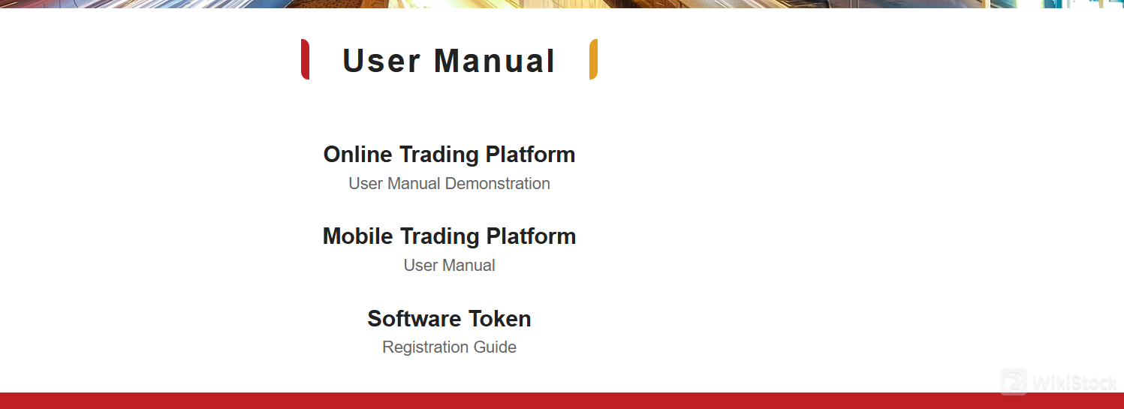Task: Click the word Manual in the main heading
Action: [494, 61]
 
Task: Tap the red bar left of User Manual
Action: [305, 59]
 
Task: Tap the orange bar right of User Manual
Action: [593, 59]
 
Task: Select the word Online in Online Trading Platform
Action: [357, 155]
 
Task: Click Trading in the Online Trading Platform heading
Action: [438, 155]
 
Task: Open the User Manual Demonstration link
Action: [449, 184]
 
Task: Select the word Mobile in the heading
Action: [357, 236]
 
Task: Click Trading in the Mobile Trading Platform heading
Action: [439, 236]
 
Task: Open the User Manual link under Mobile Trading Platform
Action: [449, 266]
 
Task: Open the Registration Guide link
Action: [449, 347]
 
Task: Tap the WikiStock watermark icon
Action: [1014, 381]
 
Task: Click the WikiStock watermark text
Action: [1074, 383]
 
